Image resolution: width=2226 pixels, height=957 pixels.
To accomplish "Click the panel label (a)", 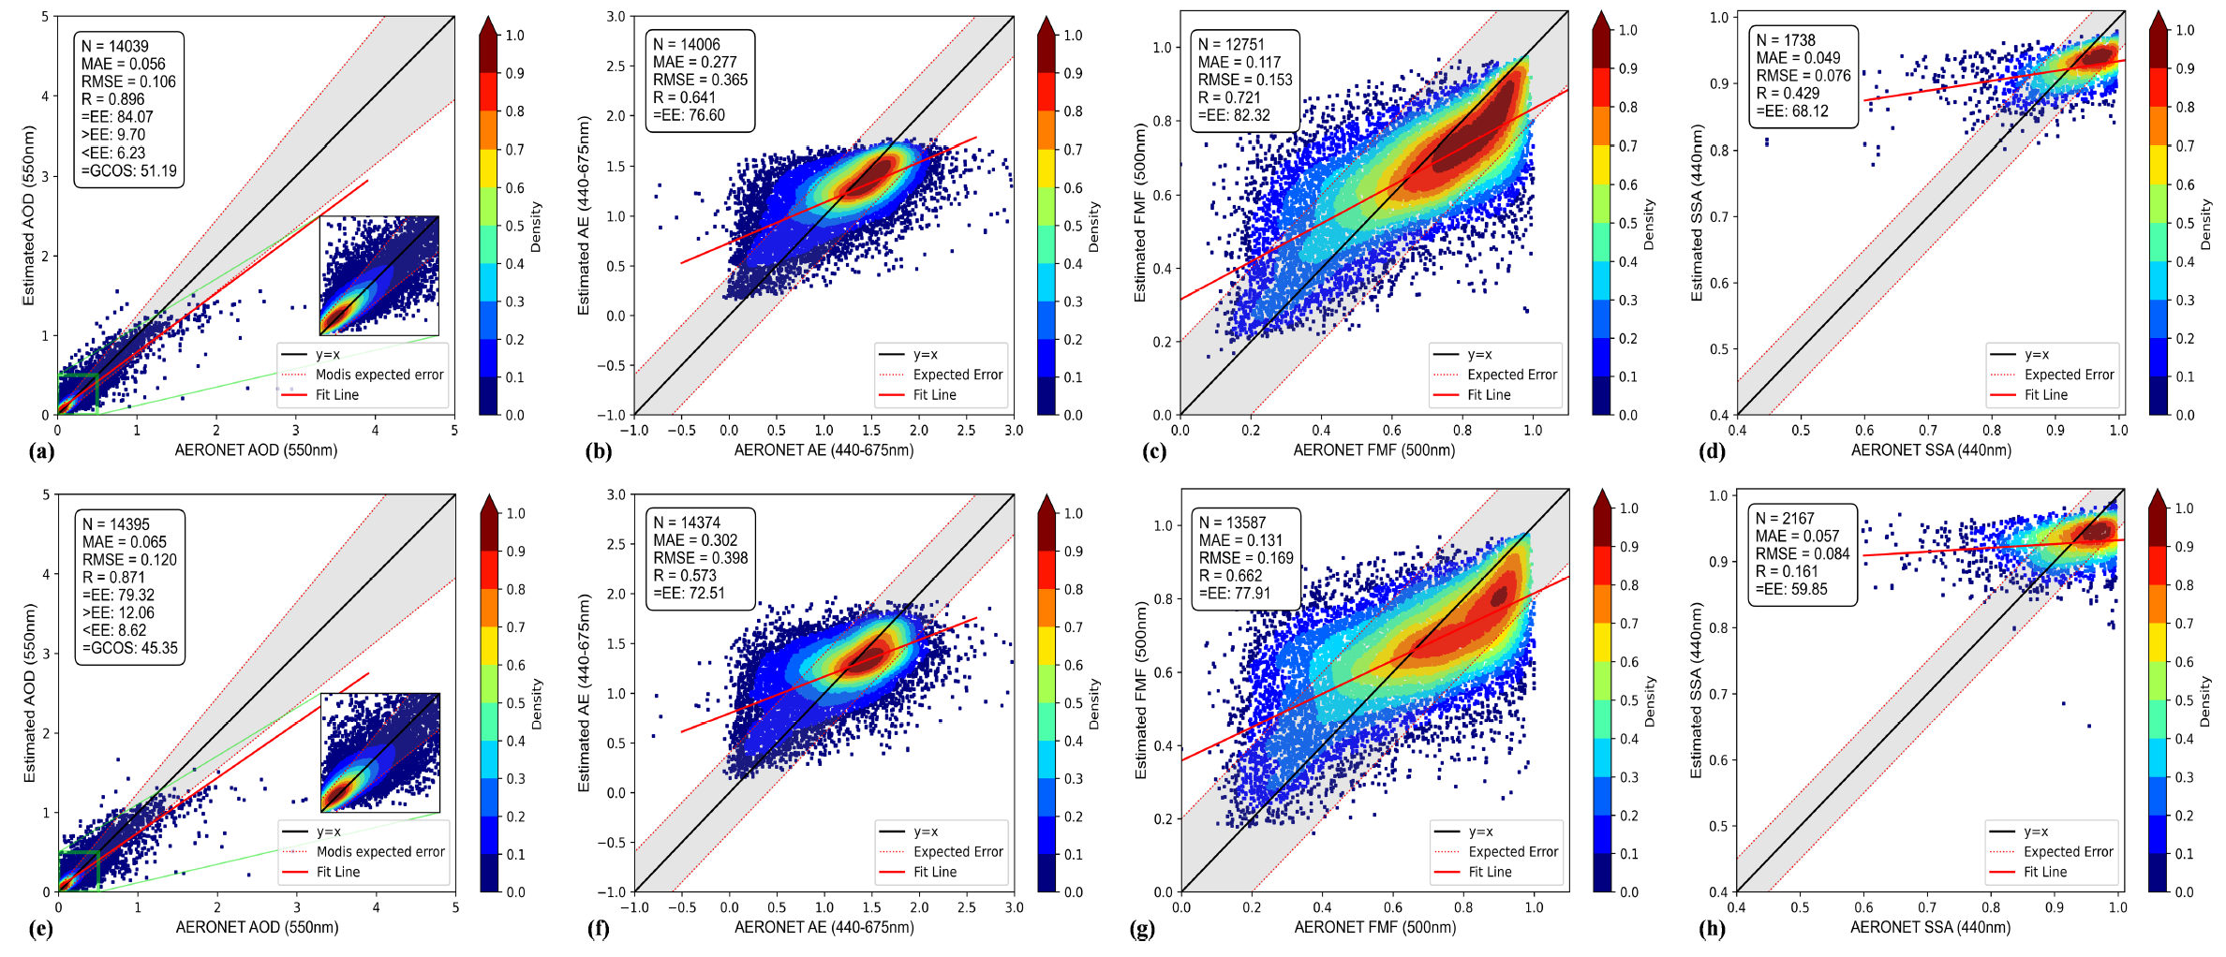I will click(41, 451).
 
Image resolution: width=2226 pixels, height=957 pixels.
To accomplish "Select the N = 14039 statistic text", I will click(114, 46).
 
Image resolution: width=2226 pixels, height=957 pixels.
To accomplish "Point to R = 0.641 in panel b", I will click(684, 97).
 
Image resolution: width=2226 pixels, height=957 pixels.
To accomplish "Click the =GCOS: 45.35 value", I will click(130, 648).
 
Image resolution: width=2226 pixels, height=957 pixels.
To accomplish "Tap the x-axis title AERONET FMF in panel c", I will click(1373, 450).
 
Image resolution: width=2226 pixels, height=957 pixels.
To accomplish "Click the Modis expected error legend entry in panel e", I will click(379, 852).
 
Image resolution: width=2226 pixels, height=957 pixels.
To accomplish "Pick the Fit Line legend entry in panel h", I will click(2045, 872).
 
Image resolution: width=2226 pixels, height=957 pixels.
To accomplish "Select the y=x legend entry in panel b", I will click(925, 355).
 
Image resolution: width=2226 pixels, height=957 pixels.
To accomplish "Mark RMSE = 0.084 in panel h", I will click(1803, 553).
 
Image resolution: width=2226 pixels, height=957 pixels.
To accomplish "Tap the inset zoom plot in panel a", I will click(379, 275).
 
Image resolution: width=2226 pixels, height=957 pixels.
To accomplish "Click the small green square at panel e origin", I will click(79, 871).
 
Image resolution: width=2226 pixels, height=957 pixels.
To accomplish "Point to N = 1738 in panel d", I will click(1786, 40).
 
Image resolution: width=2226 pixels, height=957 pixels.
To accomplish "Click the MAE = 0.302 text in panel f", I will click(695, 540).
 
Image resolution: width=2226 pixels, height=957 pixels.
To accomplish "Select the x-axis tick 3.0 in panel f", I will click(1014, 907).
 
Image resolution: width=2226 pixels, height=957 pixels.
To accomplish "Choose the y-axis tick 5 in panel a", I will click(45, 17).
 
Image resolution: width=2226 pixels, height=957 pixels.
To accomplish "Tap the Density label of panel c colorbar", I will click(1649, 224).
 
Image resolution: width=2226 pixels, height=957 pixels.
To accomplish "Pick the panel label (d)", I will click(1712, 451).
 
